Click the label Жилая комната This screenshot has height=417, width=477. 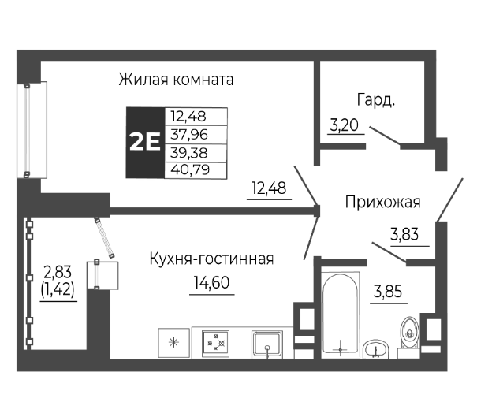point(177,80)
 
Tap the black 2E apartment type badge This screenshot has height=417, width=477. point(145,143)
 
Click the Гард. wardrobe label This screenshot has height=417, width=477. point(375,100)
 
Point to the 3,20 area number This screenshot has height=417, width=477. point(343,124)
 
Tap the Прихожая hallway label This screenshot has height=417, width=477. point(382,202)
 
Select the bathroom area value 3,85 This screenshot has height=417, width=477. point(386,290)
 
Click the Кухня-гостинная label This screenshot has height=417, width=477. point(211,259)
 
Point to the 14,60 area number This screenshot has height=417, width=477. point(211,281)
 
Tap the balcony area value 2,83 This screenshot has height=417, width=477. point(57,272)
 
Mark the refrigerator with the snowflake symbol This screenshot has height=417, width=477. point(173,342)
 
